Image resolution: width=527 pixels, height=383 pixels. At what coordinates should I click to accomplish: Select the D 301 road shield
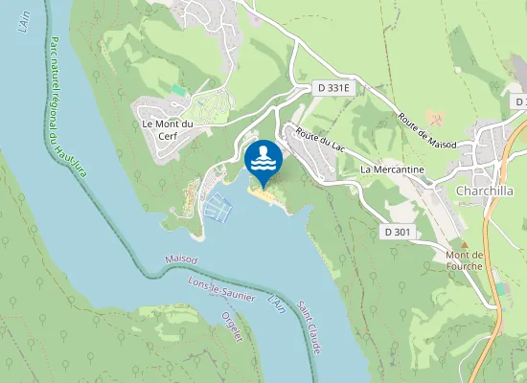point(398,231)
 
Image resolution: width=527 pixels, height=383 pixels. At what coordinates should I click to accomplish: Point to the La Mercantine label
point(391,169)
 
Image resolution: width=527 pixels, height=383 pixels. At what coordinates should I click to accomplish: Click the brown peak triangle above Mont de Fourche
point(465,244)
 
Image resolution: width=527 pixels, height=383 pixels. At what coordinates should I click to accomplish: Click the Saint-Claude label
point(308,326)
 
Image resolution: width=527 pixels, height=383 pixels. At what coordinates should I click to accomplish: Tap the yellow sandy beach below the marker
point(265,193)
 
